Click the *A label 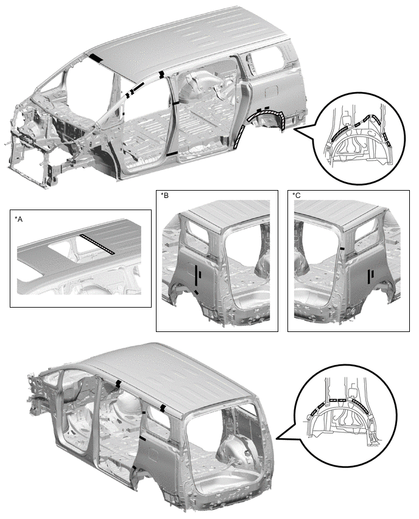coord(18,219)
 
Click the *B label coord(164,196)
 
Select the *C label coord(297,196)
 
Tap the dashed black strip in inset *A coord(97,245)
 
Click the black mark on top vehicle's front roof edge coord(96,58)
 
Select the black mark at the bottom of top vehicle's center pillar coord(172,155)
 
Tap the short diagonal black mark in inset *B coord(197,292)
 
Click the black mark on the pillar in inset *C coord(342,248)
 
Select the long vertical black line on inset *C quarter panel coord(369,277)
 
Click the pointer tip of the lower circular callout coord(276,439)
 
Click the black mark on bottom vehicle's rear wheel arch coord(134,468)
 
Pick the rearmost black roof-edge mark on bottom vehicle coord(163,408)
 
